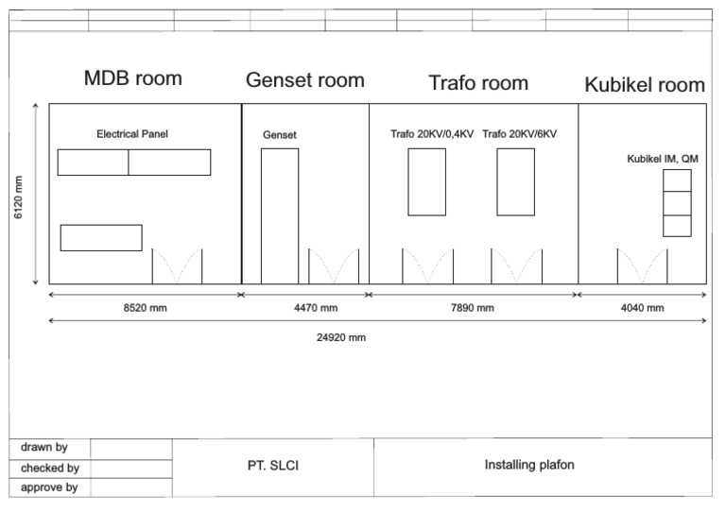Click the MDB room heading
pyautogui.click(x=133, y=77)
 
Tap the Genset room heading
pyautogui.click(x=304, y=80)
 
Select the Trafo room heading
pyautogui.click(x=478, y=82)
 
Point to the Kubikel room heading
pyautogui.click(x=645, y=85)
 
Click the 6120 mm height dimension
pyautogui.click(x=19, y=197)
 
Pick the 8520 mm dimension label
pyautogui.click(x=146, y=308)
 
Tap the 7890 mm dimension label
pyautogui.click(x=472, y=308)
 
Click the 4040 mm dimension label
pyautogui.click(x=642, y=308)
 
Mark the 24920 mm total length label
pyautogui.click(x=340, y=337)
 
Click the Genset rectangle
pyautogui.click(x=280, y=214)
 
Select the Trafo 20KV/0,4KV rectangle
pyautogui.click(x=427, y=181)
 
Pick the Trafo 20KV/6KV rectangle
pyautogui.click(x=515, y=181)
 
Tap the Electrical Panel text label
pyautogui.click(x=132, y=134)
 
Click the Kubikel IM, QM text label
pyautogui.click(x=663, y=159)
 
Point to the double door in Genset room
pyautogui.click(x=334, y=265)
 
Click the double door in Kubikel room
pyautogui.click(x=642, y=265)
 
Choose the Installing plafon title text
pyautogui.click(x=529, y=465)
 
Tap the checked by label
pyautogui.click(x=49, y=468)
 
